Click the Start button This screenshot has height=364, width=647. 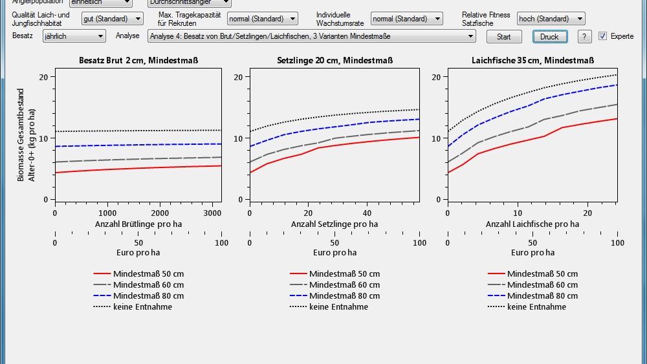[503, 37]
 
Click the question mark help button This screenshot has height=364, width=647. [584, 37]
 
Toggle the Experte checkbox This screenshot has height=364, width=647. [602, 36]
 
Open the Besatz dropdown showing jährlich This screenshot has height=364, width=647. [74, 37]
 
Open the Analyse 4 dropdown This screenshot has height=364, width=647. [313, 37]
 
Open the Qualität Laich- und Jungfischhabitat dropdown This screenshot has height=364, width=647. [112, 19]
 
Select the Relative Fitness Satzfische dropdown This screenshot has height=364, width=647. [551, 19]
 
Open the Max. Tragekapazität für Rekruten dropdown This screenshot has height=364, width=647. [262, 19]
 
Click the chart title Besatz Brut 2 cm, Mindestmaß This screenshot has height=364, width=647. [138, 61]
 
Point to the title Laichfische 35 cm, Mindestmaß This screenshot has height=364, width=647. [532, 61]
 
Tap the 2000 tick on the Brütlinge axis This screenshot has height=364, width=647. [160, 213]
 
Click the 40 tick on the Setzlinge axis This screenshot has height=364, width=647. [367, 213]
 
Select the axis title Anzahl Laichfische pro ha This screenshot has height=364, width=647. [532, 224]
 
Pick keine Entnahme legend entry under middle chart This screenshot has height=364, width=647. [338, 307]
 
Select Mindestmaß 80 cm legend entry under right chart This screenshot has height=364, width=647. [542, 296]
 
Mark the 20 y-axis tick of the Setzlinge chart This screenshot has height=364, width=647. [238, 77]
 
